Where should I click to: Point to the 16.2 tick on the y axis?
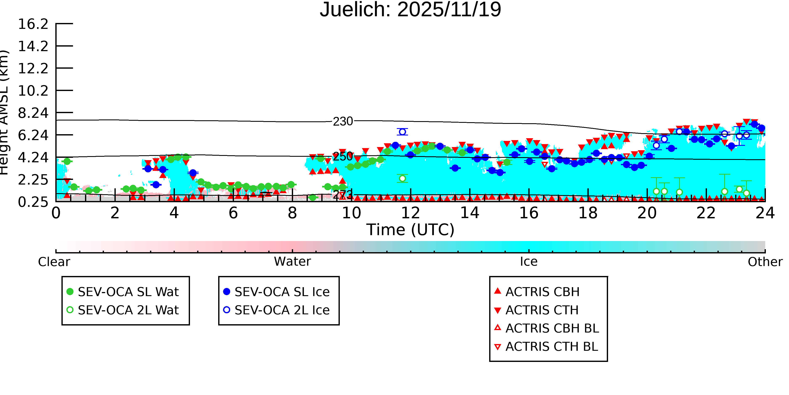(33, 24)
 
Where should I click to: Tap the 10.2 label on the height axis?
(33, 91)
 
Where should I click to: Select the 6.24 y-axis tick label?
(33, 135)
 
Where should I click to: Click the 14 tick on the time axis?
(470, 213)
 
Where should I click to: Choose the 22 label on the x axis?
(706, 213)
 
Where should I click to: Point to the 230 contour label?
(343, 121)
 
